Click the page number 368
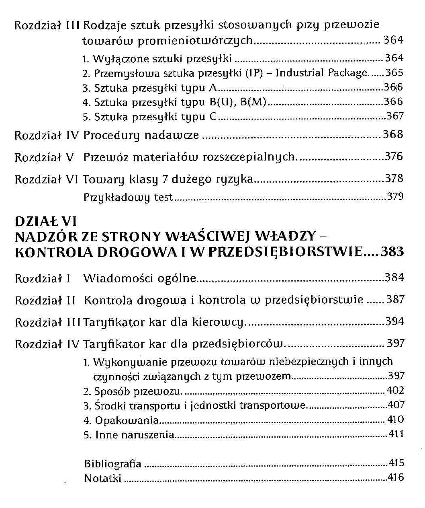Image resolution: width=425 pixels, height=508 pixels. click(x=393, y=134)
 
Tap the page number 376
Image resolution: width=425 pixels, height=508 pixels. click(x=394, y=156)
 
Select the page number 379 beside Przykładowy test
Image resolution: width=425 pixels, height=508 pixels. click(x=395, y=197)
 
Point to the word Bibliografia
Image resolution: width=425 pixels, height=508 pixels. click(x=112, y=464)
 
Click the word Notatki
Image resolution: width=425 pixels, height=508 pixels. click(x=102, y=478)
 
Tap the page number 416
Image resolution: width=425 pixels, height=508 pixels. click(x=396, y=477)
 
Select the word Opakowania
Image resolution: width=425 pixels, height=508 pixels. click(x=127, y=421)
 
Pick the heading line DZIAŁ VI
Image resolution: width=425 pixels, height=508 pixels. click(x=45, y=222)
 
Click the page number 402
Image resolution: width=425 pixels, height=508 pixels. click(x=395, y=390)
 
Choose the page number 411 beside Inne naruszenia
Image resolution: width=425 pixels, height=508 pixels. click(x=396, y=434)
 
